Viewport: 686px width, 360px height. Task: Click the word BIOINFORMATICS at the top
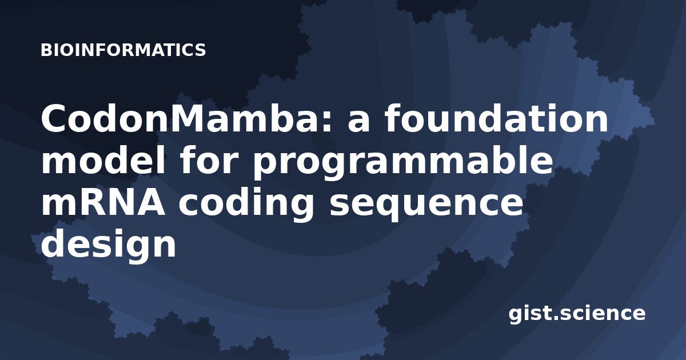coord(123,50)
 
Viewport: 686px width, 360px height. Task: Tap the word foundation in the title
coord(496,118)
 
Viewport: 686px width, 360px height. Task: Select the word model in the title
coord(104,160)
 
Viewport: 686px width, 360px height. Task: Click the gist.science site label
coord(577,314)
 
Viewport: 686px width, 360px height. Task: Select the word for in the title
coord(209,160)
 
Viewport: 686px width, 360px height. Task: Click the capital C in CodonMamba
coord(55,118)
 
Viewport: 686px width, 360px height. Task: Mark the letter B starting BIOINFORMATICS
coord(46,50)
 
